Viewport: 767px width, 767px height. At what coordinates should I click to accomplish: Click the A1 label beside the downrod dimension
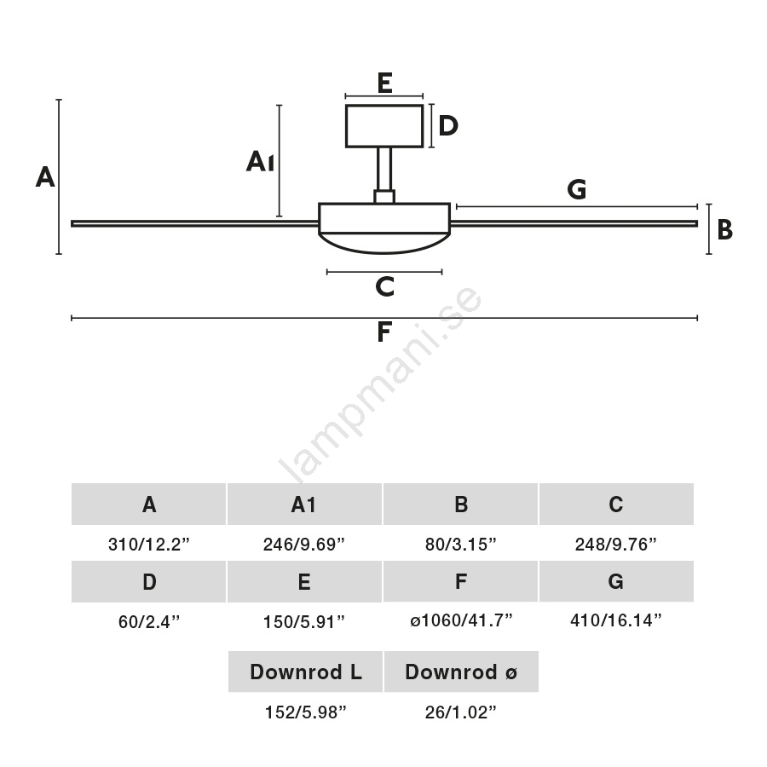[260, 161]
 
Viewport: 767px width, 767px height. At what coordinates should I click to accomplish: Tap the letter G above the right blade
[577, 190]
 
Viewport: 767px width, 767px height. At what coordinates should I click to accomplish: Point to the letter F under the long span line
[384, 332]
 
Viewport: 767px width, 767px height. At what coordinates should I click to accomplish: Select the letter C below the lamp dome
[384, 287]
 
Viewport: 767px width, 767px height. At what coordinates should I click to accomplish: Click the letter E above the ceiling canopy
[384, 83]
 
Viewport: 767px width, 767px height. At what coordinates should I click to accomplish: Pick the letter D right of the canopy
[448, 126]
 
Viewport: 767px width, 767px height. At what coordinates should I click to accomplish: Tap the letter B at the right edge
[724, 230]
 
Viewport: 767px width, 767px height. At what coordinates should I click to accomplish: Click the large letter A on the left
[45, 177]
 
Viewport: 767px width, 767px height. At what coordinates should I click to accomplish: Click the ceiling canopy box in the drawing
[384, 126]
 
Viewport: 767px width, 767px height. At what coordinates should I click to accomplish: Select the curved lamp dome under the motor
[384, 242]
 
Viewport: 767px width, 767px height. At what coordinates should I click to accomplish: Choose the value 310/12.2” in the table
[149, 545]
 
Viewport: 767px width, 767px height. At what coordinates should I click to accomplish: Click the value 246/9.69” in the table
[304, 545]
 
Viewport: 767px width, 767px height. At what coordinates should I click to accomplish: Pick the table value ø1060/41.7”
[461, 620]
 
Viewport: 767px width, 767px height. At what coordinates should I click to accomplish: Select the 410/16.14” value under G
[616, 620]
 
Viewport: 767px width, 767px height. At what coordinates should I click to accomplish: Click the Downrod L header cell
[305, 672]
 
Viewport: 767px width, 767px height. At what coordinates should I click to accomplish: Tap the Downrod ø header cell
[461, 672]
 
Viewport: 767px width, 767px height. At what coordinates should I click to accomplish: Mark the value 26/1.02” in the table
[461, 713]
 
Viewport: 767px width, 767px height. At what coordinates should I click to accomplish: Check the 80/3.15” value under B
[461, 545]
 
